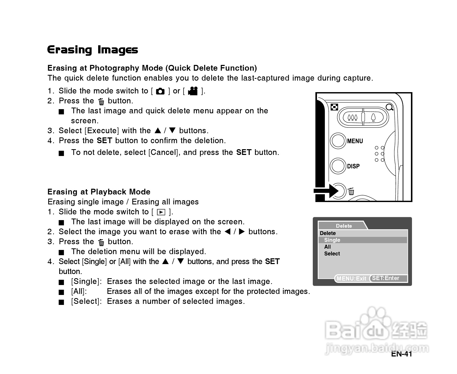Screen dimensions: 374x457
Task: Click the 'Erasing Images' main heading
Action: pos(92,50)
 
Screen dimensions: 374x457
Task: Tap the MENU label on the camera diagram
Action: pos(355,141)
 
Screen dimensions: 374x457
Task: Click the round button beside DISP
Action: pos(338,166)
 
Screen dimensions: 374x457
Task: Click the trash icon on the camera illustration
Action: pos(351,192)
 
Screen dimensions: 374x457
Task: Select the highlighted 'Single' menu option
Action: pos(332,240)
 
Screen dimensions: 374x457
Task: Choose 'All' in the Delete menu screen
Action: pos(327,247)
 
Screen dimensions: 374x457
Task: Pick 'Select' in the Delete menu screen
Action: pos(332,254)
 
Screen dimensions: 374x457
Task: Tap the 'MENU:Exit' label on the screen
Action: pos(351,278)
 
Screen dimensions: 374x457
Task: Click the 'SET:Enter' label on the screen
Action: pos(386,278)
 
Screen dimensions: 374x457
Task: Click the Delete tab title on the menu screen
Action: pos(344,226)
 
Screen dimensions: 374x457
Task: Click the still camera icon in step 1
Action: pos(160,91)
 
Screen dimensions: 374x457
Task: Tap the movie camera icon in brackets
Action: pos(193,91)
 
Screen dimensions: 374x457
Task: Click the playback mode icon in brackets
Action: pos(161,212)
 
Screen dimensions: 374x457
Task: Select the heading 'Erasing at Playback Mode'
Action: pos(99,192)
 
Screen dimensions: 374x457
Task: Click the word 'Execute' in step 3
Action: pos(102,131)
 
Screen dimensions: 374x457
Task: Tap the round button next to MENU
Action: pos(338,141)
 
